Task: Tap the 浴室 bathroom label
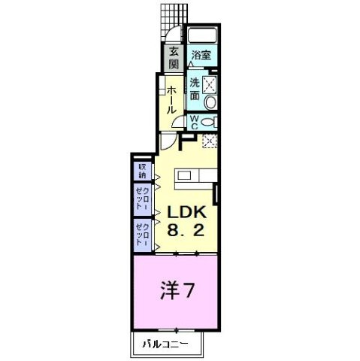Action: pyautogui.click(x=199, y=55)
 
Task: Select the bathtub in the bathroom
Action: pyautogui.click(x=201, y=36)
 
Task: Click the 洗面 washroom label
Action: pyautogui.click(x=195, y=89)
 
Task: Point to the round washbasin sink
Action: pyautogui.click(x=210, y=102)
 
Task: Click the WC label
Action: pyautogui.click(x=193, y=123)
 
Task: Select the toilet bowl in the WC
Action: pyautogui.click(x=210, y=122)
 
